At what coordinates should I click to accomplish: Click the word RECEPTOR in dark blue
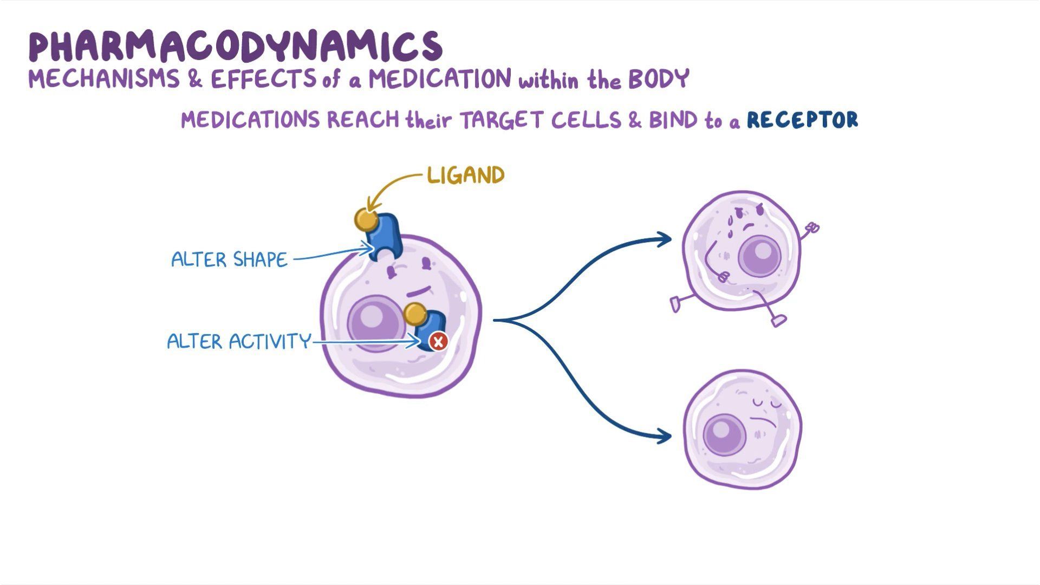[x=802, y=120]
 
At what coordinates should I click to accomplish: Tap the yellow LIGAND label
[x=466, y=175]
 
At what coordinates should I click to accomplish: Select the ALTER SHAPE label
[x=229, y=259]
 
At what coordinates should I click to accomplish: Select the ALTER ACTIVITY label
[x=239, y=342]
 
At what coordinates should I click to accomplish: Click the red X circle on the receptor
[x=438, y=342]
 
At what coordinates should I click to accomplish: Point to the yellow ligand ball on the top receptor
[x=366, y=220]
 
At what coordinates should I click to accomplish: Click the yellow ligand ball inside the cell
[x=415, y=314]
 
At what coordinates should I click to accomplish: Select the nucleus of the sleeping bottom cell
[x=725, y=434]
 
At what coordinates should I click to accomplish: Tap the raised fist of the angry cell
[x=812, y=228]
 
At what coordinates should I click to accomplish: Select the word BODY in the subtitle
[x=658, y=80]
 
